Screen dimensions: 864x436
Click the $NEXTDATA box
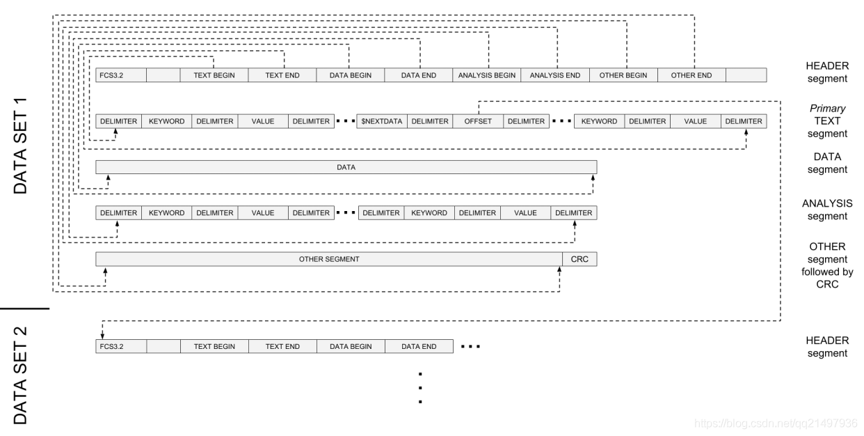(382, 121)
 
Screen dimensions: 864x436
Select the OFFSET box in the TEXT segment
(479, 121)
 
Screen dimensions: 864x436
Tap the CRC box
(579, 259)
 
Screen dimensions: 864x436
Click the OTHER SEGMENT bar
(329, 259)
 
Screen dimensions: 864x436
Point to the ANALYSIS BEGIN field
(487, 75)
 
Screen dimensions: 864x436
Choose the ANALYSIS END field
(555, 75)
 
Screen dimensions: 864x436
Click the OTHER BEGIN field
(623, 75)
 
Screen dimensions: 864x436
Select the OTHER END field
(691, 75)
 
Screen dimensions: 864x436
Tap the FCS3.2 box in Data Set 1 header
(121, 75)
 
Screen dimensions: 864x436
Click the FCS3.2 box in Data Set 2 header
(121, 346)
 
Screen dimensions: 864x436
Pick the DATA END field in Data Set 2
(419, 346)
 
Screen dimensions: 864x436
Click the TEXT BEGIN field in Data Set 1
(214, 75)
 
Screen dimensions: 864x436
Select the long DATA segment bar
(346, 167)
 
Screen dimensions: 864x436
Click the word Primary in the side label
(827, 109)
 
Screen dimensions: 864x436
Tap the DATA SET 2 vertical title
(20, 375)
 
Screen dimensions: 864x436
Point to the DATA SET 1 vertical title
(20, 146)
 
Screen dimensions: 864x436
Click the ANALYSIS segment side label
(827, 210)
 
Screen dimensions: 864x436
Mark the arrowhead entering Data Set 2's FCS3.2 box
(102, 336)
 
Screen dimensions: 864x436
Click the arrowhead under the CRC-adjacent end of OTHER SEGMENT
(559, 269)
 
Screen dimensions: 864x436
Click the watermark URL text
(776, 423)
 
